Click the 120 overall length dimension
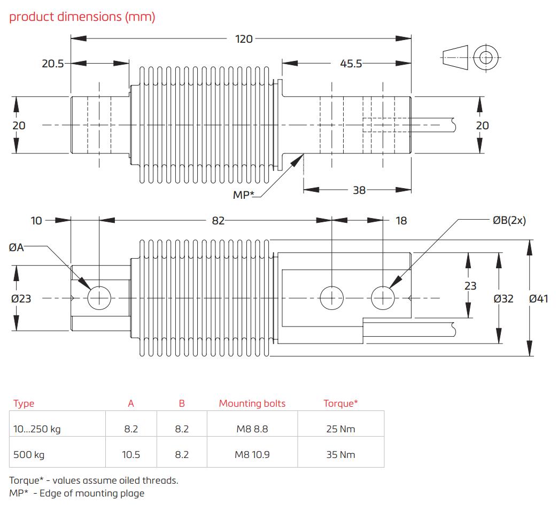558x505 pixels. (x=244, y=38)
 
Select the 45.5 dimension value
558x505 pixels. (x=351, y=64)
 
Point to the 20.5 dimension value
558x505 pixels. (x=53, y=64)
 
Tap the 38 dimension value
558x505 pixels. (x=359, y=189)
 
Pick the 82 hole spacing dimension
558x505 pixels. (x=218, y=220)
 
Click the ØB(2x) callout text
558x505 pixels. (x=509, y=220)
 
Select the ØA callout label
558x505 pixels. (x=17, y=247)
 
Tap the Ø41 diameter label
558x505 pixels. (x=538, y=299)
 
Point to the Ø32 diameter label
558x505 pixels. (x=503, y=299)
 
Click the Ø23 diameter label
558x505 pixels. (x=21, y=299)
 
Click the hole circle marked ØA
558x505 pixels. (x=99, y=298)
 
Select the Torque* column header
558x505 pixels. (x=340, y=403)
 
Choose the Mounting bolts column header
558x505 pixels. (x=252, y=403)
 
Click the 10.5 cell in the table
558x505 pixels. (x=131, y=455)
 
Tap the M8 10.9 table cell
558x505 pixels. (x=252, y=455)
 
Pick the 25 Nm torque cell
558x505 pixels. (x=340, y=429)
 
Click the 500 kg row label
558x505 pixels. (x=29, y=455)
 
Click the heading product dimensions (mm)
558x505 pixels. (x=82, y=17)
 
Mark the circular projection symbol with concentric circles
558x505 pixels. (x=486, y=57)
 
